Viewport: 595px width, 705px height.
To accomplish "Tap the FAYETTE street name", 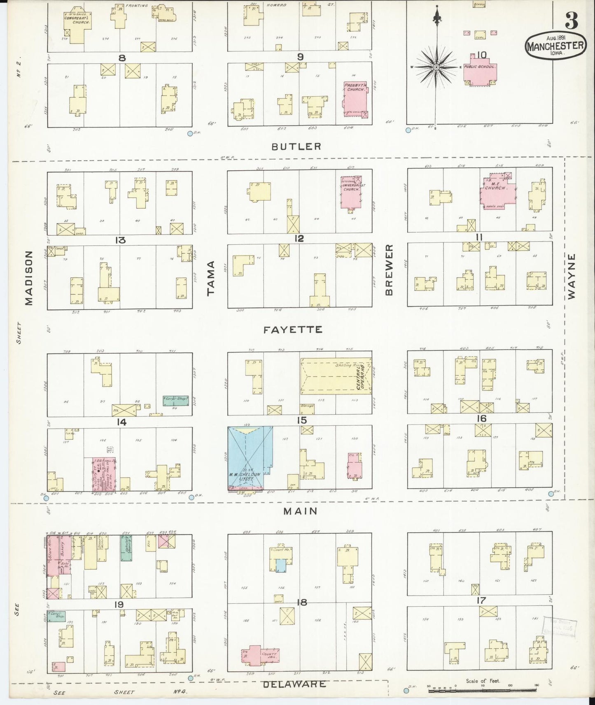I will click(293, 329).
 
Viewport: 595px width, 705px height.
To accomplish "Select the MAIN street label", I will click(300, 511).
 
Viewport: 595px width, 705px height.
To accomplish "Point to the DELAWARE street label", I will click(294, 684).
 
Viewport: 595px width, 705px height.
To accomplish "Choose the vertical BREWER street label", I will click(389, 270).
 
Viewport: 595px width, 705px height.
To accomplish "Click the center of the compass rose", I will click(436, 67).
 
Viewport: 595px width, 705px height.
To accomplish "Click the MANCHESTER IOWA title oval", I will click(556, 45).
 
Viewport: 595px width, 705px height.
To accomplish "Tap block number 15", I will click(301, 420).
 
